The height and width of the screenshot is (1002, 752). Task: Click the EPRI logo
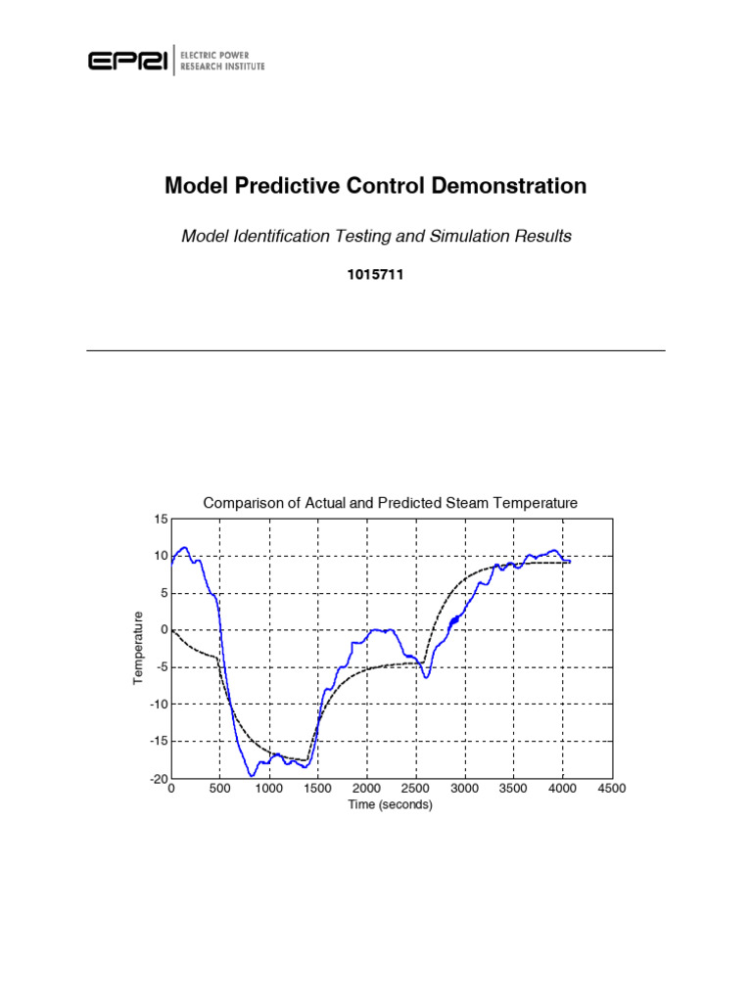[x=128, y=61]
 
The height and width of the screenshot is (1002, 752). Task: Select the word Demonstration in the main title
[x=512, y=186]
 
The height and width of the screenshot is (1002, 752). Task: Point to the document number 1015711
[x=375, y=276]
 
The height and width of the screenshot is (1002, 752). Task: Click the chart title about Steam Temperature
[x=390, y=503]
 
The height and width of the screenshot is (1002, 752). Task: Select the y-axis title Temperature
[x=138, y=648]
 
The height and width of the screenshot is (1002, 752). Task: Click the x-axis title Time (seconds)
[x=390, y=805]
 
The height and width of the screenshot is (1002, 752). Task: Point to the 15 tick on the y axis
[x=160, y=519]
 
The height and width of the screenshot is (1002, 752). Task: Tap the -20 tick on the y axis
[x=158, y=780]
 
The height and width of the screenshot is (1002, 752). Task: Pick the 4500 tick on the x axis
[x=611, y=789]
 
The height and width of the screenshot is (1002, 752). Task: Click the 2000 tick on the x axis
[x=366, y=789]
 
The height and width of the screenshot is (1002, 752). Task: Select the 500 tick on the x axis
[x=219, y=789]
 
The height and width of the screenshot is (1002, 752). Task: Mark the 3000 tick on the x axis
[x=464, y=789]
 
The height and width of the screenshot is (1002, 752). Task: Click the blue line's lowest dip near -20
[x=252, y=775]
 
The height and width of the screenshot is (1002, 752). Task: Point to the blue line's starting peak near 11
[x=183, y=548]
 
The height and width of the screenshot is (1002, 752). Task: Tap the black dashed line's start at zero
[x=172, y=630]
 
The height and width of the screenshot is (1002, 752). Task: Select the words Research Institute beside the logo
[x=222, y=67]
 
